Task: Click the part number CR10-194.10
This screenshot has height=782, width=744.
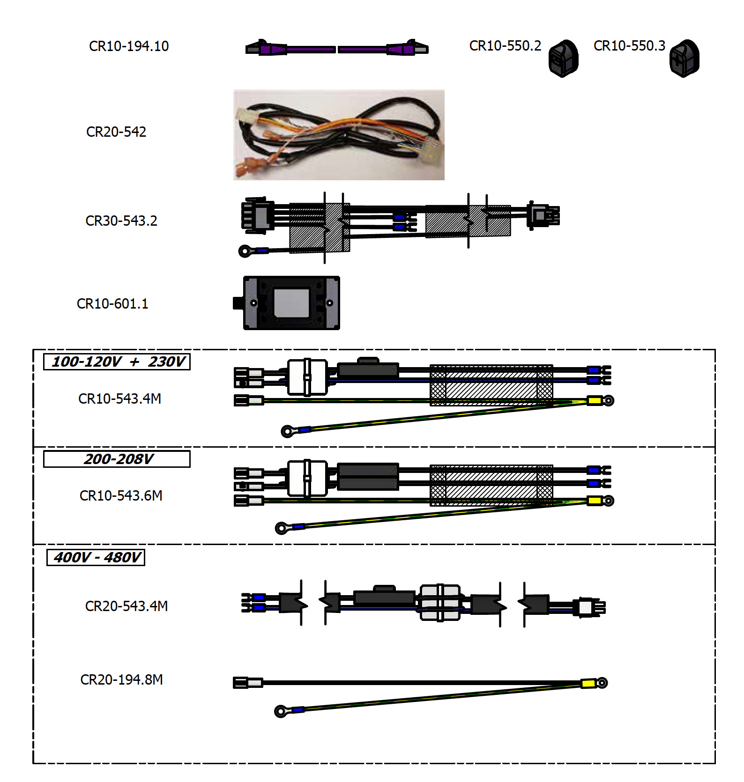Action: (129, 46)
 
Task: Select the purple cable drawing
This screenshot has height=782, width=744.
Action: (336, 49)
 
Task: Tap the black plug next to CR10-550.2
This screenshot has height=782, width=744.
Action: (563, 59)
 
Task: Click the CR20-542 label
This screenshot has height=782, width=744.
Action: (116, 132)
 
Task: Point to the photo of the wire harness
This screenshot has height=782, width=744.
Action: (339, 135)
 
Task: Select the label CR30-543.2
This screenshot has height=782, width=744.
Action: (121, 221)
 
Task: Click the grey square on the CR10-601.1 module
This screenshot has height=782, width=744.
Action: (291, 303)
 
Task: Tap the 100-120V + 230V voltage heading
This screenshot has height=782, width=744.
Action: (117, 361)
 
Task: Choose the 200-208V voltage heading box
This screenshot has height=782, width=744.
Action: (117, 459)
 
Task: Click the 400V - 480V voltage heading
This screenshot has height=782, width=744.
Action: (96, 557)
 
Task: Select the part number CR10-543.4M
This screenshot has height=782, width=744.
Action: (119, 399)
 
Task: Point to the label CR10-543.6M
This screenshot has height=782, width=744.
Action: (121, 496)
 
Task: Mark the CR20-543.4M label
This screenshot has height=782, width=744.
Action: (126, 606)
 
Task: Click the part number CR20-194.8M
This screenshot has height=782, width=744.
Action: (122, 680)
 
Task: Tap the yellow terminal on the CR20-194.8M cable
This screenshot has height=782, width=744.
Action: (588, 684)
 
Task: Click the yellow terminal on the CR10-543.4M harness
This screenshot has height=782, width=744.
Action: (595, 400)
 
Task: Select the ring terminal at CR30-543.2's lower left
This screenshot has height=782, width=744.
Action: (245, 251)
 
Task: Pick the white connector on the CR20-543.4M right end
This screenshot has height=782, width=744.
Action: (586, 607)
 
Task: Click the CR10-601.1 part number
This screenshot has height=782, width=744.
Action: (112, 304)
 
